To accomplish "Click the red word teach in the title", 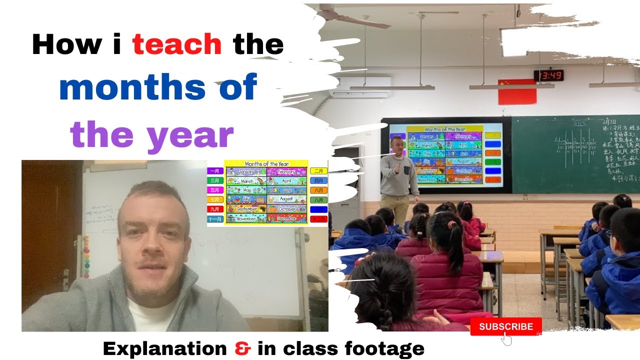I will point(177,44).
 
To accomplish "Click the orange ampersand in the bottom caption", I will point(242,348).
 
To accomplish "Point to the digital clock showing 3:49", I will point(548,75).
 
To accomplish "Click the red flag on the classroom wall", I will point(517,92).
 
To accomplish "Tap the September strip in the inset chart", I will point(245,208).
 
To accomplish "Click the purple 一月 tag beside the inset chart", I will point(214,171).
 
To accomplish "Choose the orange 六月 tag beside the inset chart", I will point(318,190).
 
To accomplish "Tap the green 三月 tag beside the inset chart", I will point(214,180).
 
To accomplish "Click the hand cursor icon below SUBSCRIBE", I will point(506,339).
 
